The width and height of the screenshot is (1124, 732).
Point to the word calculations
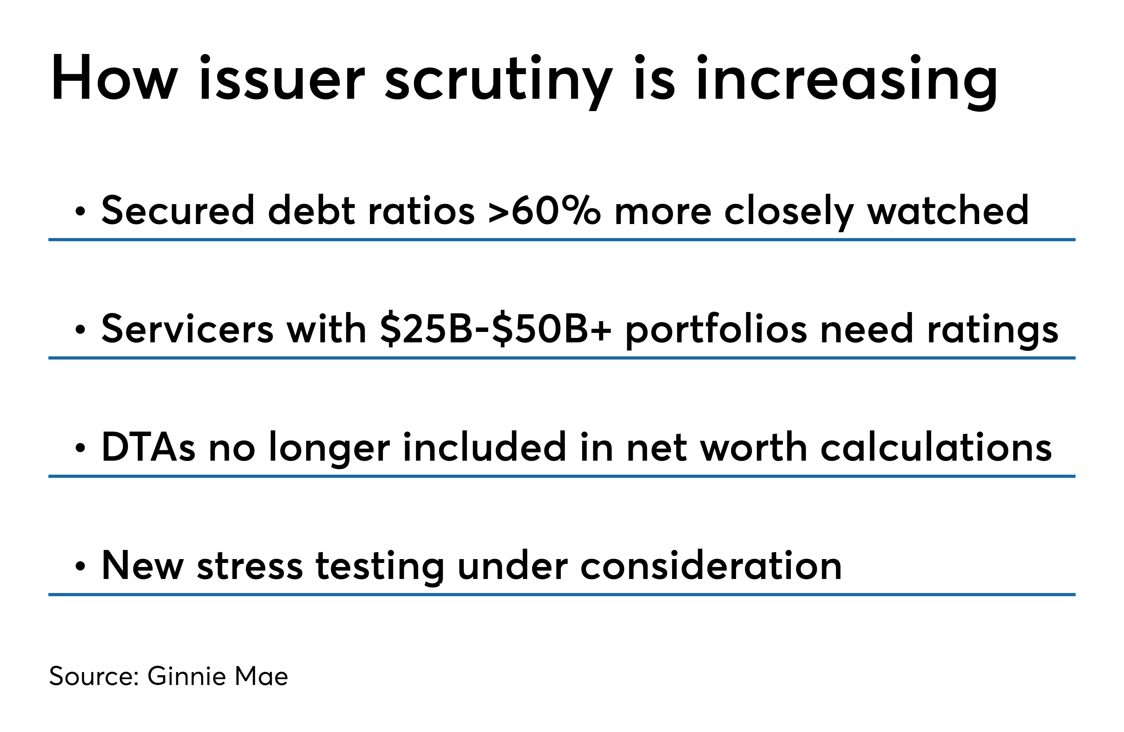[x=936, y=446]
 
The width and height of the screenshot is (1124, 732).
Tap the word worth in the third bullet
[x=754, y=446]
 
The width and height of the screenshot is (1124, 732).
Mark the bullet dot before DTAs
[x=80, y=449]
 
